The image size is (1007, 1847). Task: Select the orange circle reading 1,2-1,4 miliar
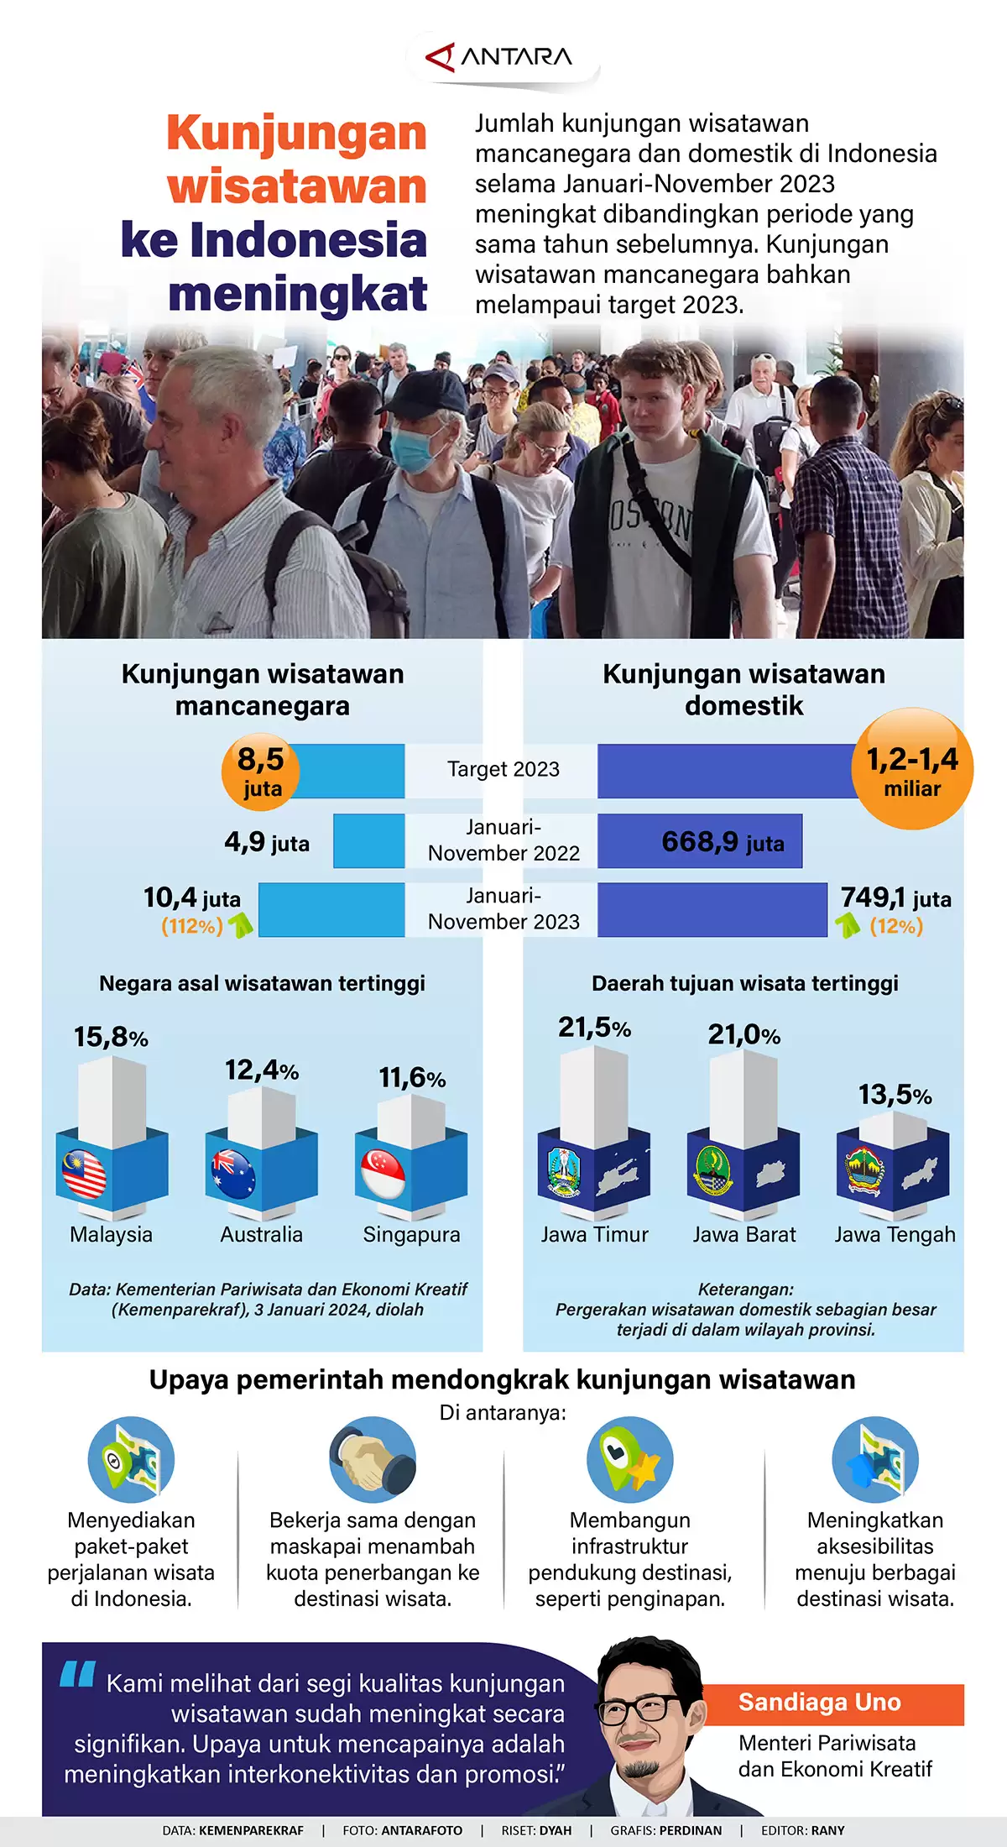912,770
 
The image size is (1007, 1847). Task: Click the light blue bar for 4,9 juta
368,840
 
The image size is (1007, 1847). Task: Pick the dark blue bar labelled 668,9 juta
699,841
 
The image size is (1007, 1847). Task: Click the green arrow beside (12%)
848,925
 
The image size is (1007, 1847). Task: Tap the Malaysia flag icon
84,1173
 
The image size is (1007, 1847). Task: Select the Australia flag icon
233,1173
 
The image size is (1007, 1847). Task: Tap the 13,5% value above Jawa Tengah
895,1095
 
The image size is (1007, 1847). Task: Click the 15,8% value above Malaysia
111,1038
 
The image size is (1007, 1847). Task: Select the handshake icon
372,1461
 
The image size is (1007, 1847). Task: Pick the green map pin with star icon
629,1461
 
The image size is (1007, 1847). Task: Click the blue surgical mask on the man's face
413,449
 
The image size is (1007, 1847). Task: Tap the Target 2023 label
503,769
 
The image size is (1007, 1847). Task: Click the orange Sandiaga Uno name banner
831,1702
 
